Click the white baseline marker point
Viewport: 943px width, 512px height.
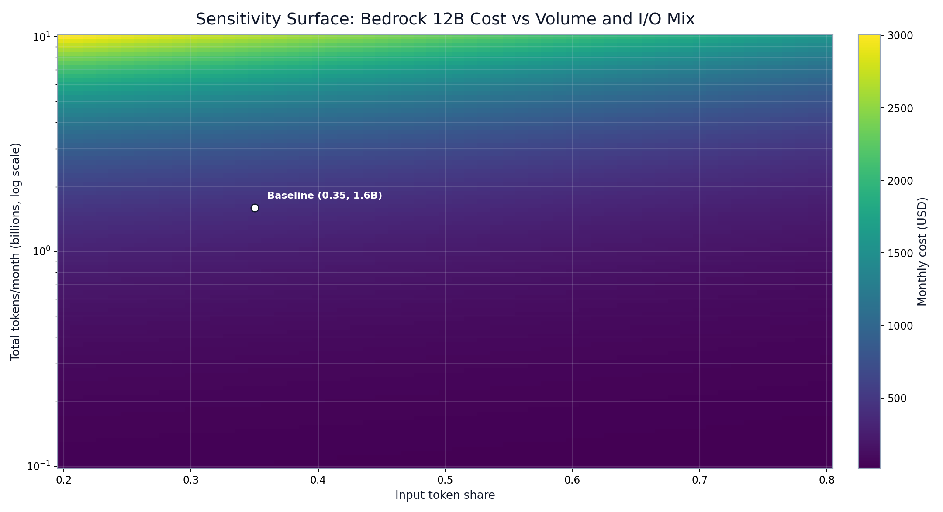[255, 208]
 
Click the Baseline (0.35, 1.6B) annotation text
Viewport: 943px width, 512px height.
[325, 196]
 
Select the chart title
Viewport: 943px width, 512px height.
[445, 19]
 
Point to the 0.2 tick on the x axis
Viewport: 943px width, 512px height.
[64, 481]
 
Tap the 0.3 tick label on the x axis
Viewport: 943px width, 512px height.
[191, 481]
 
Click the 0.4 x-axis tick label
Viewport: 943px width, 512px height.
[318, 481]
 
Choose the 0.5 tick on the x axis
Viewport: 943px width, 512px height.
[445, 481]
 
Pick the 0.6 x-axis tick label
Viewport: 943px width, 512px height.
[572, 481]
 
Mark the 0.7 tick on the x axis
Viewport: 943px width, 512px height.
[700, 481]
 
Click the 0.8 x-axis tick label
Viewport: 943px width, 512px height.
[827, 481]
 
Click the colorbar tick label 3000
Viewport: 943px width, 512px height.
[900, 36]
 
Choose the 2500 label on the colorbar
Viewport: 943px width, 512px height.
[900, 108]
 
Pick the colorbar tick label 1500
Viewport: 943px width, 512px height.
[900, 253]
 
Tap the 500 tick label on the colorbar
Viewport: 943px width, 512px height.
[897, 399]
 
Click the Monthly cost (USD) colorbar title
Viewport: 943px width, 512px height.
[922, 251]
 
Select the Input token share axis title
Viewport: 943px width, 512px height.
[445, 495]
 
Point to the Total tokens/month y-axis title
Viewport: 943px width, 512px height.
[16, 251]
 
